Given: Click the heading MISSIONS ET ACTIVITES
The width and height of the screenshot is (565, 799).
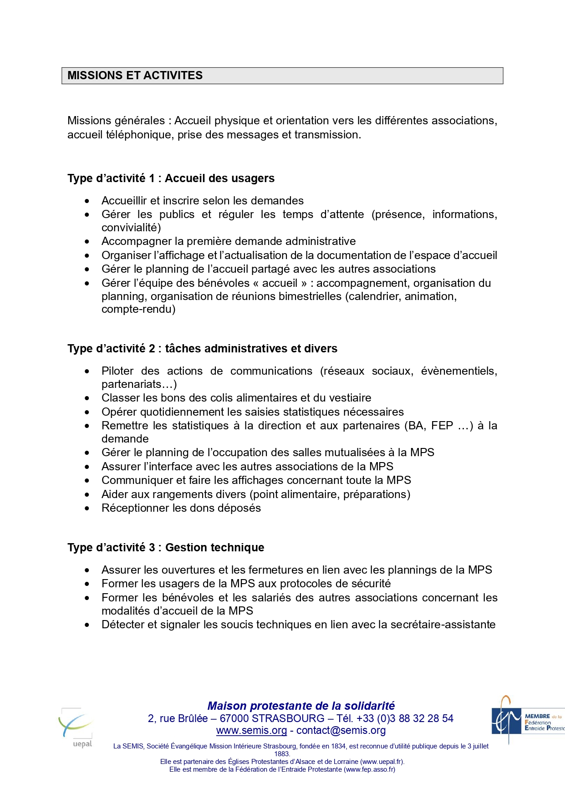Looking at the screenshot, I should pyautogui.click(x=135, y=76).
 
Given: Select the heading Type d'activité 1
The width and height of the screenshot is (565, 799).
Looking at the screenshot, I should pyautogui.click(x=171, y=178).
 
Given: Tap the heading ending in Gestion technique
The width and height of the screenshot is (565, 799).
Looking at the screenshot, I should pyautogui.click(x=166, y=547).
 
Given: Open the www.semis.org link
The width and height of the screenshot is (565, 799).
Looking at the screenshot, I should pyautogui.click(x=251, y=731).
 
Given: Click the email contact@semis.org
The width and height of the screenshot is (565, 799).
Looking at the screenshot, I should pyautogui.click(x=341, y=731).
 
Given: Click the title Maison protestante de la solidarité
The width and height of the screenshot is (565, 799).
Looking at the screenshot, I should pyautogui.click(x=301, y=706).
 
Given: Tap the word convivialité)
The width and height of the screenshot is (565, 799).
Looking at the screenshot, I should pyautogui.click(x=131, y=228).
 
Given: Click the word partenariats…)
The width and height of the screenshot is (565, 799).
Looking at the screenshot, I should pyautogui.click(x=139, y=384).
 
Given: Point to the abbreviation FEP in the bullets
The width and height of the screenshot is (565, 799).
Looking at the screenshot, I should pyautogui.click(x=442, y=426).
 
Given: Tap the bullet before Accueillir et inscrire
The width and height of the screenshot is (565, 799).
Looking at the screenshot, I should pyautogui.click(x=87, y=201).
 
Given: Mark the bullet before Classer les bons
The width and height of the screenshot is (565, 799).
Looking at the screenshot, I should pyautogui.click(x=87, y=398).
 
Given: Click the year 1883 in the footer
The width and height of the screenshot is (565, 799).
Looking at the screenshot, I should pyautogui.click(x=282, y=754).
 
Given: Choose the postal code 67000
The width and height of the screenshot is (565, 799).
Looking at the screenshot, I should pyautogui.click(x=234, y=718).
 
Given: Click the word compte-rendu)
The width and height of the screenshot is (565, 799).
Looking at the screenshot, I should pyautogui.click(x=138, y=310).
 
